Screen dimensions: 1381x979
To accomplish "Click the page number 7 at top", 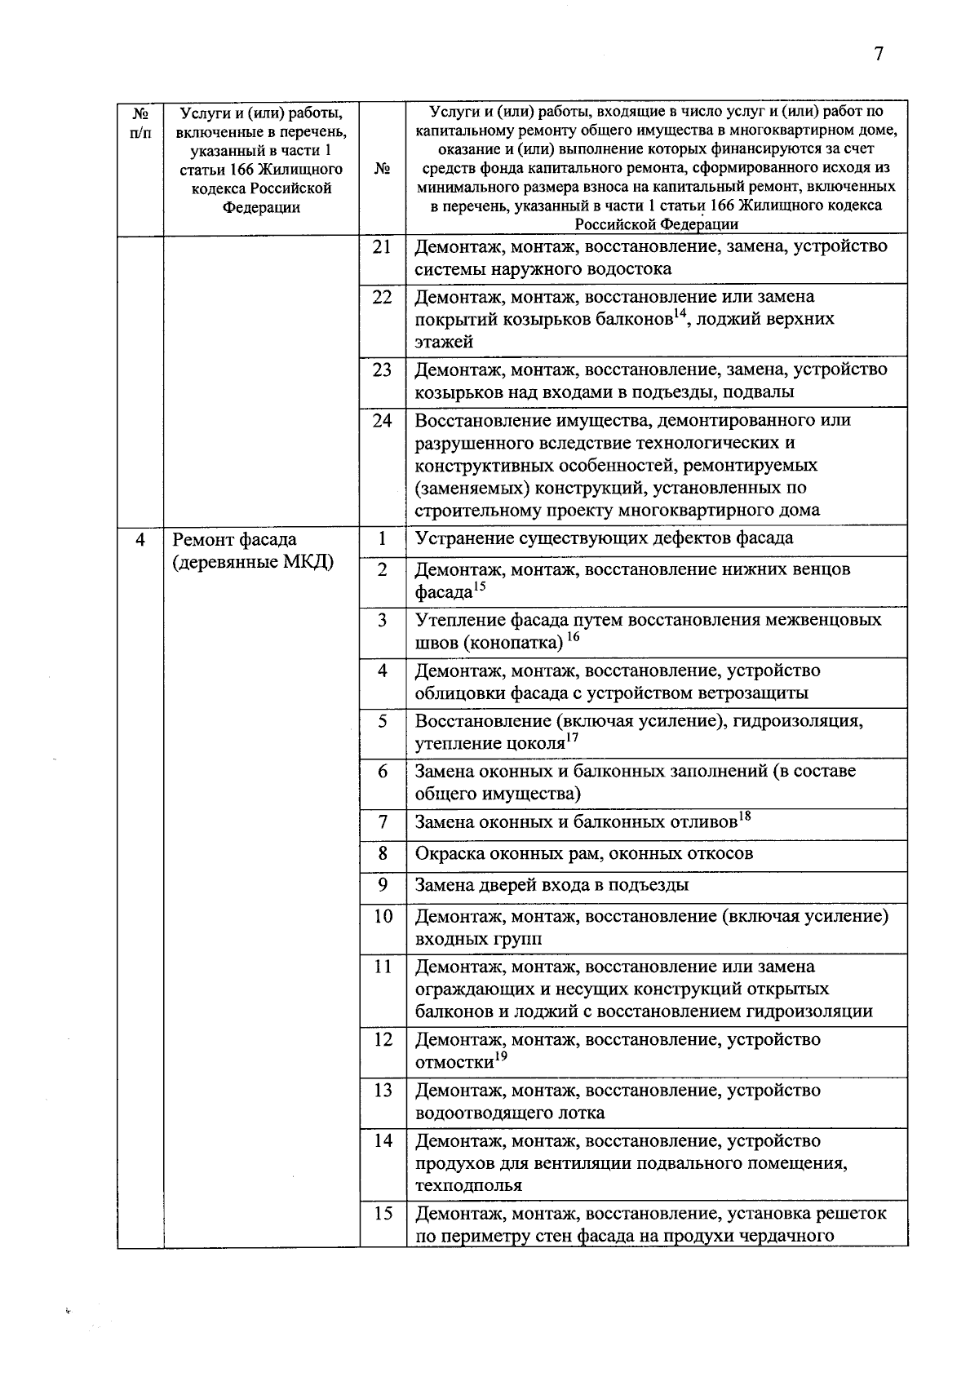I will [x=878, y=55].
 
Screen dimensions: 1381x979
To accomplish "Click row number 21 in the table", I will [x=382, y=247].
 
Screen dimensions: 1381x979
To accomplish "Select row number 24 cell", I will [x=382, y=421].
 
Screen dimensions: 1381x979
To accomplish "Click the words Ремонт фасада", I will [x=234, y=540].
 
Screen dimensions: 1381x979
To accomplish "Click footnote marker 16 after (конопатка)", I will [x=573, y=637].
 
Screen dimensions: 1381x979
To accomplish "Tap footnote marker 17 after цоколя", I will [x=572, y=738].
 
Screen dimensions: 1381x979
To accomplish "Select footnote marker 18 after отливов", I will [x=743, y=817].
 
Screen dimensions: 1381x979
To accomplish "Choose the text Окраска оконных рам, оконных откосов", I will [x=583, y=854].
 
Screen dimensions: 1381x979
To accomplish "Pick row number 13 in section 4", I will [x=382, y=1091].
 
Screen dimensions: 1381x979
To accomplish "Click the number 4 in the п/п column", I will [x=140, y=540].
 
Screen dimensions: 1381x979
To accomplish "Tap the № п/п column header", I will [x=140, y=122].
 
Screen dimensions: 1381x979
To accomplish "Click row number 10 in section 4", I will [x=382, y=916].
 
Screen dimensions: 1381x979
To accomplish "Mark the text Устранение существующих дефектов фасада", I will [x=604, y=538].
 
